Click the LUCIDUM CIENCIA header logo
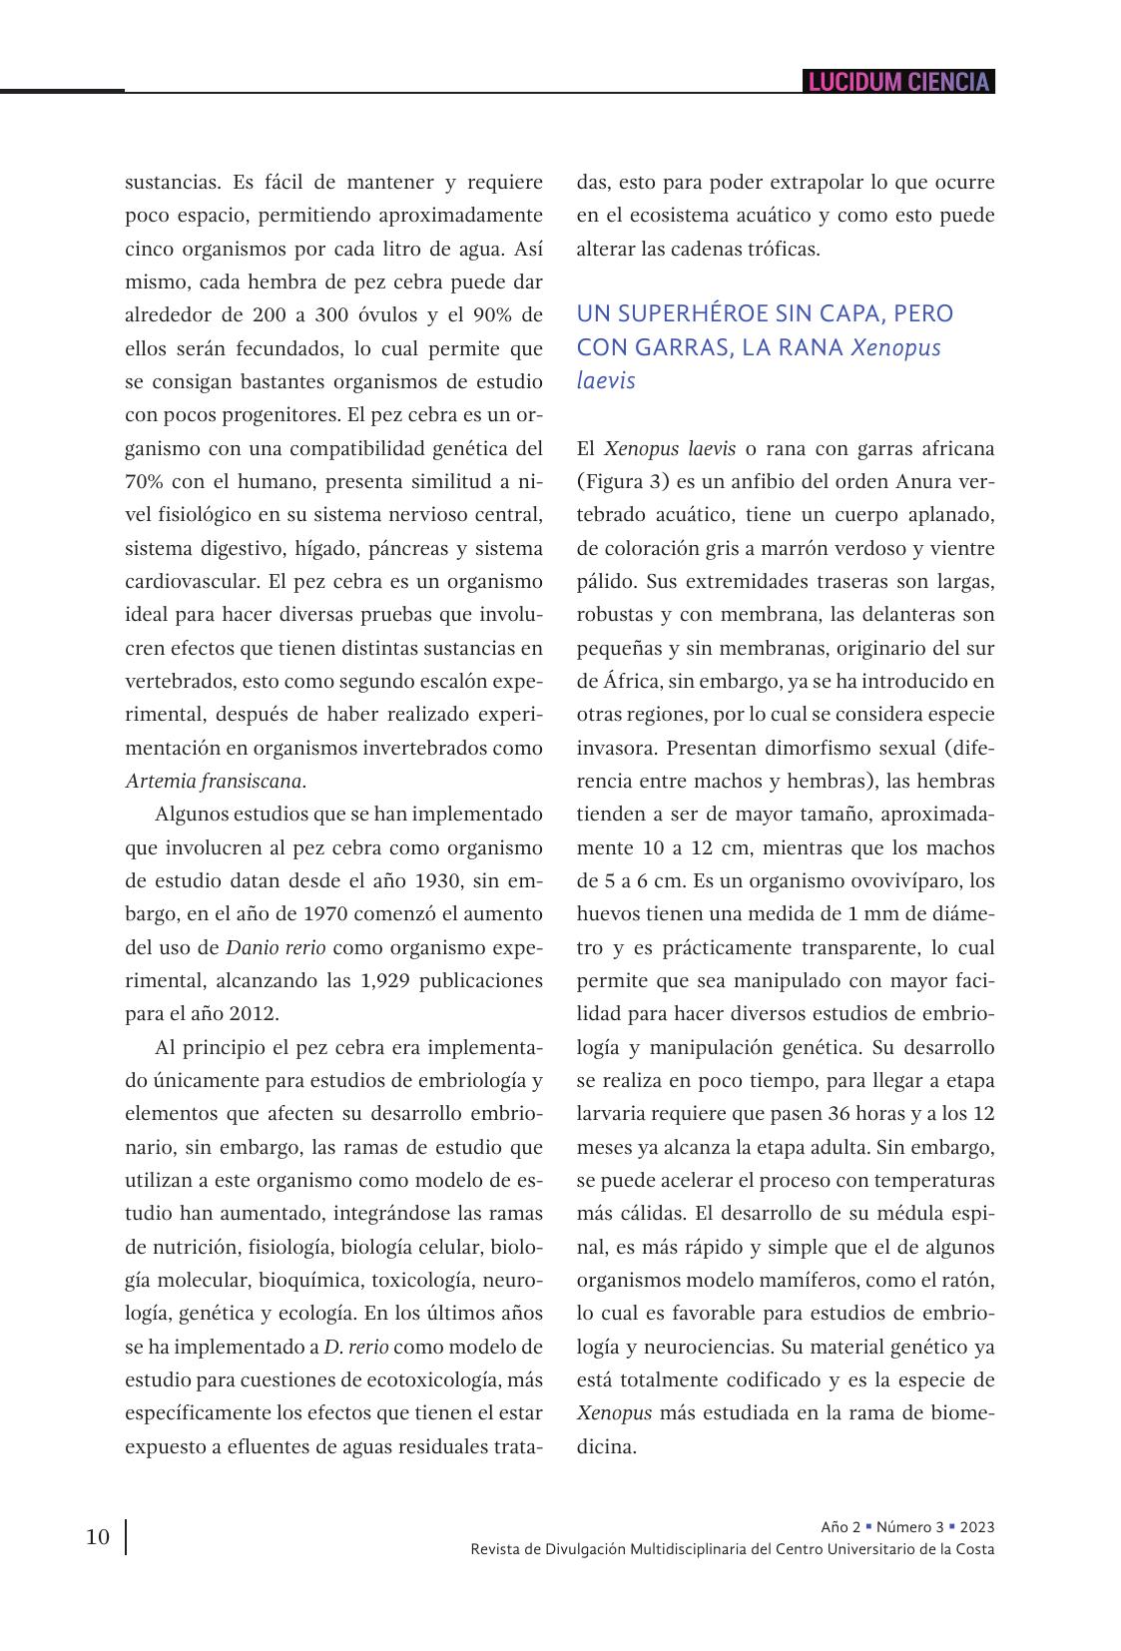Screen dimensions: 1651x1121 click(898, 82)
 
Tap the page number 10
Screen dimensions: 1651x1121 click(98, 1536)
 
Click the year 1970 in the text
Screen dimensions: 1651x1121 click(328, 914)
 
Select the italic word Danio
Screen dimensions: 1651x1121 click(251, 947)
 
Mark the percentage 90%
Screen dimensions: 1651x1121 click(494, 315)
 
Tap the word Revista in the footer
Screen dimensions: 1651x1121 click(495, 1548)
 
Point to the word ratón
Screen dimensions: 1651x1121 click(965, 1281)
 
